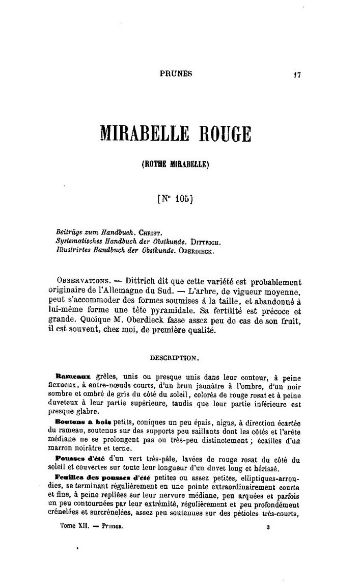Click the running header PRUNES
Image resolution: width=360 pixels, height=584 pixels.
176,73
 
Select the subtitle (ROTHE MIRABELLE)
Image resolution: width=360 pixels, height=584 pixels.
176,165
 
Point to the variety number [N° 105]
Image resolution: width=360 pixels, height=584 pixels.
176,200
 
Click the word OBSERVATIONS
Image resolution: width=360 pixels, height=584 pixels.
82,281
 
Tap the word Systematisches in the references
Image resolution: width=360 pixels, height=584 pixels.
78,240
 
